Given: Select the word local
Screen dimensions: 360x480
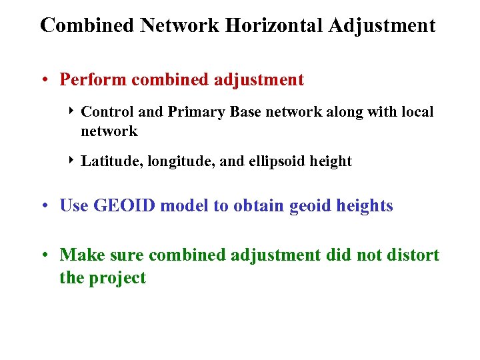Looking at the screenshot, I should click(x=417, y=112).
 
